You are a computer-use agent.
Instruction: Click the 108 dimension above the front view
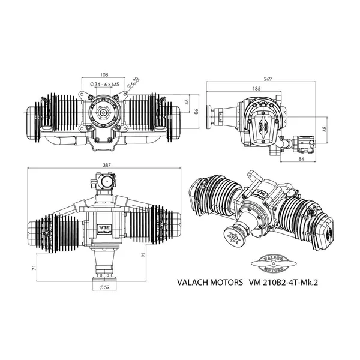(x=104, y=74)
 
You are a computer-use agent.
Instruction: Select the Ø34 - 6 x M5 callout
(x=103, y=85)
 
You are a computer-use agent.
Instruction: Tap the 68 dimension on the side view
(x=323, y=128)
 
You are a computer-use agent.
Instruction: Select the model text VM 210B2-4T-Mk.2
(x=280, y=281)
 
